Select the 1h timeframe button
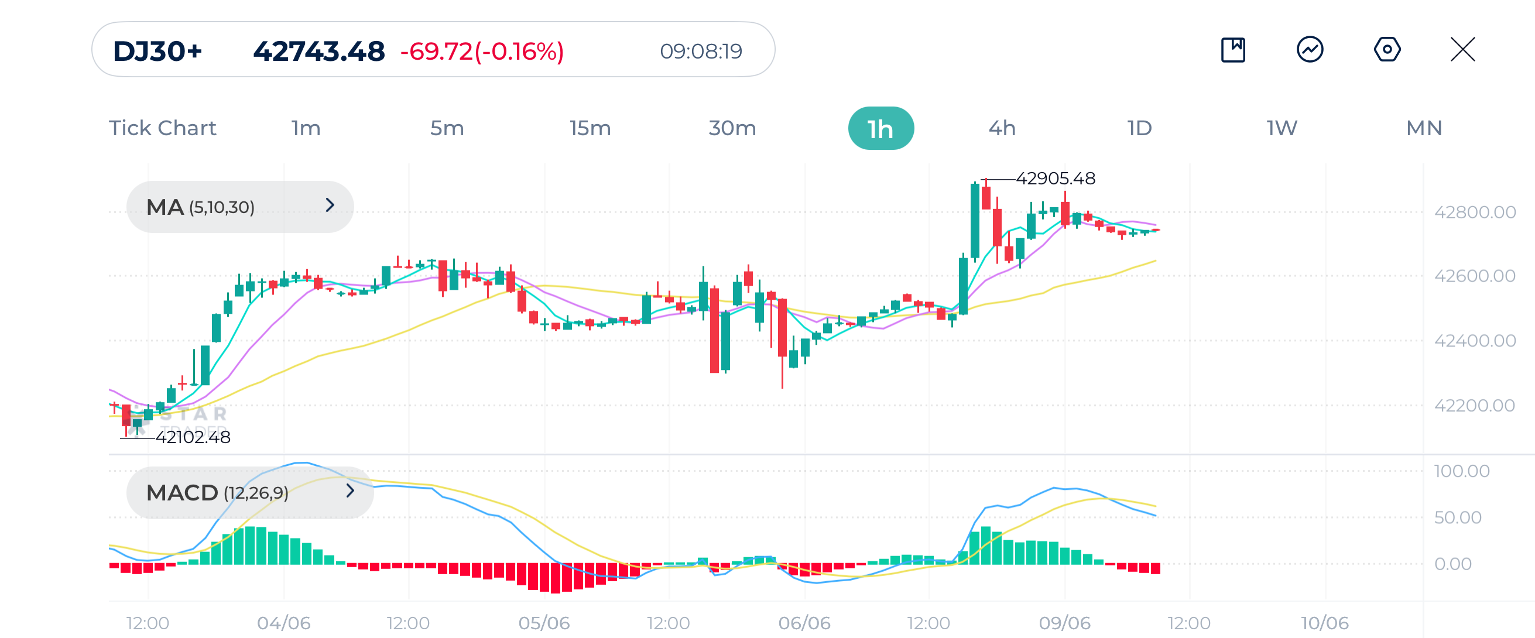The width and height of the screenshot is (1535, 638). [880, 129]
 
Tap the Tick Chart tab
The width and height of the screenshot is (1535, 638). [162, 128]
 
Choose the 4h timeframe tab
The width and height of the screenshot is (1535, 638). [1002, 128]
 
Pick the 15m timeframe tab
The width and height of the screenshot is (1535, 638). [590, 128]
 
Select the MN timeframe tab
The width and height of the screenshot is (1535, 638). [1424, 128]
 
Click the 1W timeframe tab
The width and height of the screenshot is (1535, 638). [1281, 128]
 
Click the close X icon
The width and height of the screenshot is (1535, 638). [1462, 49]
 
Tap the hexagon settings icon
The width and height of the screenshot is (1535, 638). [1387, 49]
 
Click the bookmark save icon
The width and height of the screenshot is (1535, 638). [1233, 49]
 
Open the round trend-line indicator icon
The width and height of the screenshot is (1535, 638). [1310, 49]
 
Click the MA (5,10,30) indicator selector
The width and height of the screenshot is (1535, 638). [239, 207]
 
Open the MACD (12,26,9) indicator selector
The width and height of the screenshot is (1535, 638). [249, 492]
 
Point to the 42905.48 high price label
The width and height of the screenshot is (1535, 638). [1055, 178]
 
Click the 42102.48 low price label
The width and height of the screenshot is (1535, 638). [193, 437]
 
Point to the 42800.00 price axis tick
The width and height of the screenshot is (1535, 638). [1474, 212]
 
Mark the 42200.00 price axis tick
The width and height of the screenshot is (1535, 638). [1474, 406]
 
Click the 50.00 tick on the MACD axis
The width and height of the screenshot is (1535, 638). [1457, 517]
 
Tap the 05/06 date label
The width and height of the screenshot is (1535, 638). [543, 623]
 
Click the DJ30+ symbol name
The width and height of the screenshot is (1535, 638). [157, 52]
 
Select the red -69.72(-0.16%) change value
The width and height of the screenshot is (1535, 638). [481, 52]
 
